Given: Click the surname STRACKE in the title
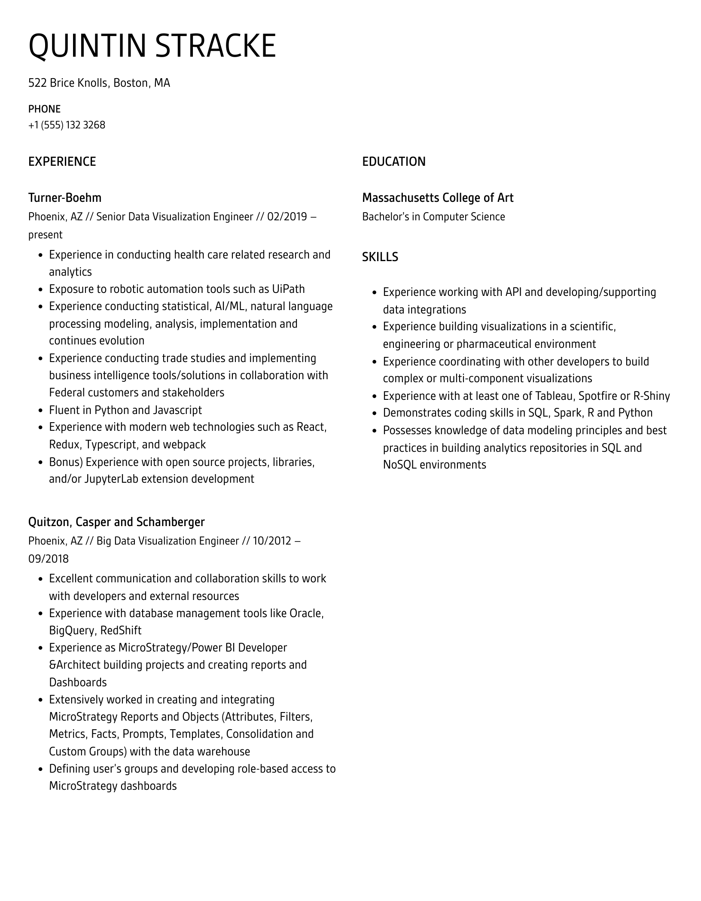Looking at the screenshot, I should [x=215, y=46].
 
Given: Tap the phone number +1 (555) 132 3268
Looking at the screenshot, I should [x=67, y=125].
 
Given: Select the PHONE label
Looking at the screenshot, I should [x=44, y=109].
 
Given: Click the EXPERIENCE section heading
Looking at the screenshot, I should [x=62, y=161].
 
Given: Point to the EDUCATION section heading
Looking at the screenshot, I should [x=393, y=161].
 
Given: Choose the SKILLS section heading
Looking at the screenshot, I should [x=380, y=257].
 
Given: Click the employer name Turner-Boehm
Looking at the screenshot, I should [x=65, y=198].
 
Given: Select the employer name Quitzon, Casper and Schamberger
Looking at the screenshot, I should [x=116, y=522].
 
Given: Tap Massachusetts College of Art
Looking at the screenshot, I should [x=437, y=198].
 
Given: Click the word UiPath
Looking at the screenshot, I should [x=288, y=289].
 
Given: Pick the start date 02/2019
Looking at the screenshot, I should [x=287, y=216].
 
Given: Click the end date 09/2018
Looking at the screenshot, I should [x=48, y=559].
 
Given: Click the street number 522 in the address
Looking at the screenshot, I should [x=37, y=83].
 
